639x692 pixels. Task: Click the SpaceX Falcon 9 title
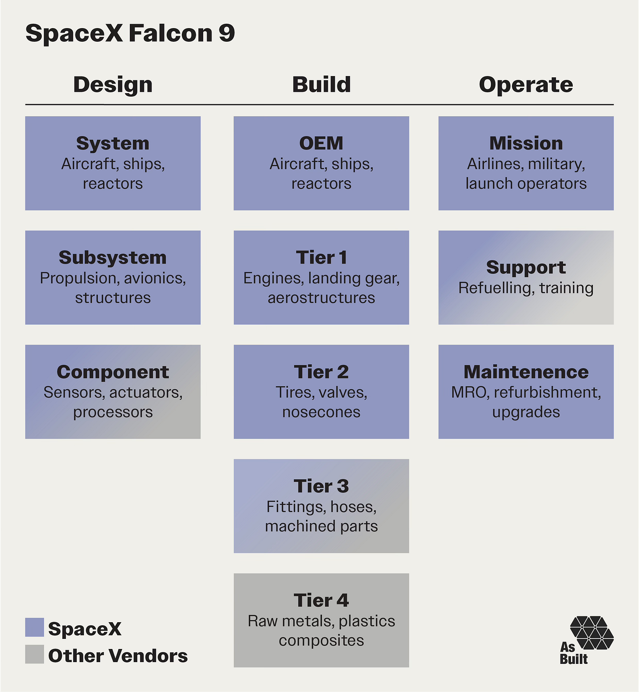coord(130,33)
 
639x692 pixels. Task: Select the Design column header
coord(113,85)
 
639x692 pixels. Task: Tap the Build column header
coord(321,85)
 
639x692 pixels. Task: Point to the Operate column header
coord(526,85)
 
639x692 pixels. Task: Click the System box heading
coord(113,144)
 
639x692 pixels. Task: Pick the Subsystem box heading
coord(113,258)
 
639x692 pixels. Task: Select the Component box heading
coord(113,372)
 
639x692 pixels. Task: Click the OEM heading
coord(321,144)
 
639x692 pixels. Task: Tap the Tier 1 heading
coord(321,258)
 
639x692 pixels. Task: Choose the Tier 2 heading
coord(321,372)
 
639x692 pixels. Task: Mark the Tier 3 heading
coord(321,486)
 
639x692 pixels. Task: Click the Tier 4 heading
coord(321,601)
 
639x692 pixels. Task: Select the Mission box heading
coord(526,144)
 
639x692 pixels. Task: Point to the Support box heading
coord(526,268)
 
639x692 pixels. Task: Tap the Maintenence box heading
coord(526,372)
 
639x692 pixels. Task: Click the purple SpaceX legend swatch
coord(35,627)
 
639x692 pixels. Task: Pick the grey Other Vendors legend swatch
coord(35,654)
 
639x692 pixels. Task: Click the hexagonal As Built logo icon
coord(592,632)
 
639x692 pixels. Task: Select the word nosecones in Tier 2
coord(321,412)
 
